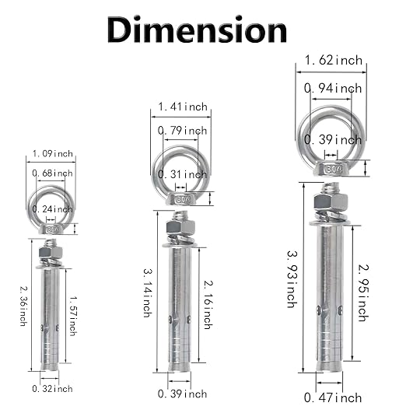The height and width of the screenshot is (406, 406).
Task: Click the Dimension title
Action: click(197, 30)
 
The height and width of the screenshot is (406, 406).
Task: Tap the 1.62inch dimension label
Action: click(334, 60)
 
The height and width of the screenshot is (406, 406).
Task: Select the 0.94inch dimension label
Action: click(333, 89)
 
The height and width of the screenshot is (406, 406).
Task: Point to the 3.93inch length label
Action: click(292, 279)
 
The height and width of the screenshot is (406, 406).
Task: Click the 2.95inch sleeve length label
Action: click(363, 292)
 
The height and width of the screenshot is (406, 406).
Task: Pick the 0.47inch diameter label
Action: click(333, 397)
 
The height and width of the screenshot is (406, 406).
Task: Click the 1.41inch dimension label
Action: click(183, 107)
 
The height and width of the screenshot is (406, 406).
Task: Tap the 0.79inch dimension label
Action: click(183, 131)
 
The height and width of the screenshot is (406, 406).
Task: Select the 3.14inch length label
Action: click(148, 293)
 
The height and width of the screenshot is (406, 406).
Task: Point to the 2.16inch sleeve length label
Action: click(208, 305)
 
